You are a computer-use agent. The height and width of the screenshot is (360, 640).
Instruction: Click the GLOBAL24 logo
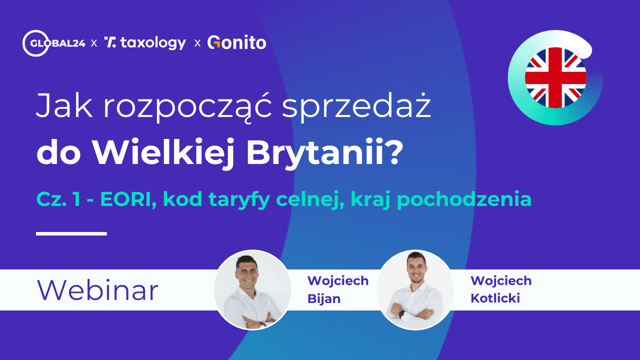click(53, 43)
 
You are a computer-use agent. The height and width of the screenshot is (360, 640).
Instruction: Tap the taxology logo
click(145, 43)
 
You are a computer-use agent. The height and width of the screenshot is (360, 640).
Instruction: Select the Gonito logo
click(236, 43)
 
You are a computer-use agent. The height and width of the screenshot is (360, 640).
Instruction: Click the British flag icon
click(555, 77)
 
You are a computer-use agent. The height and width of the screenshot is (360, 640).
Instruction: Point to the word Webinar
click(97, 290)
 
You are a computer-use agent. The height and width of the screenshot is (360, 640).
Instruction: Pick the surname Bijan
click(324, 299)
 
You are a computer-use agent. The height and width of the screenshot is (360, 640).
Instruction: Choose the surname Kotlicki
click(495, 299)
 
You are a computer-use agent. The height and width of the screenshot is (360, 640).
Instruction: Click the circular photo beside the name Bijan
click(252, 290)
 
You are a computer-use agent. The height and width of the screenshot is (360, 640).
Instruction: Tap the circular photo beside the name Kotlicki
click(415, 290)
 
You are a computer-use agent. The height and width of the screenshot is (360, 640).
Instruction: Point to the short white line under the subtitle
click(71, 233)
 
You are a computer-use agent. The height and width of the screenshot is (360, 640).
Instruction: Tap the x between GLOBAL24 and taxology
click(94, 43)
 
